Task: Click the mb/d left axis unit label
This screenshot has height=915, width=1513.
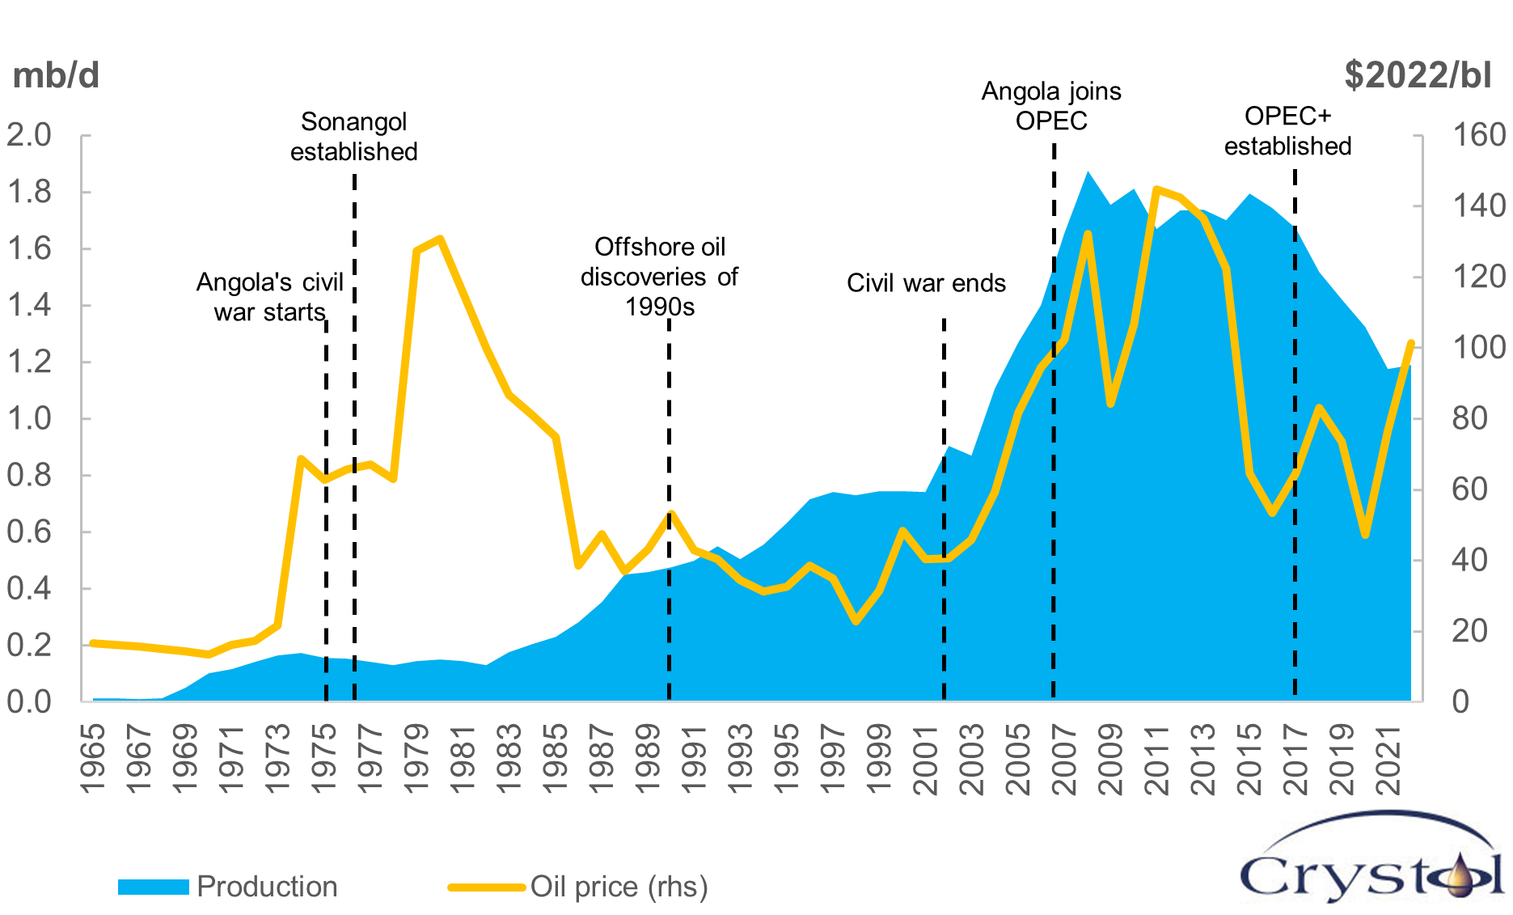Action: [x=56, y=75]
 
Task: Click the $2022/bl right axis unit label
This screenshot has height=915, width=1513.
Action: [x=1418, y=75]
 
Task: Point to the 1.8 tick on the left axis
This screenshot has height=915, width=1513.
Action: [x=29, y=193]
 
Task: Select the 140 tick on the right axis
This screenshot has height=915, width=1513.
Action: [x=1479, y=205]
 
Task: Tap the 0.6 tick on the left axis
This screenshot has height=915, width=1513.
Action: [x=29, y=532]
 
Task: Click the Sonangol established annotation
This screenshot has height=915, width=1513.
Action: [x=354, y=137]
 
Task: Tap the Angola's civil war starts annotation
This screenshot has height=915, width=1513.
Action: [x=270, y=297]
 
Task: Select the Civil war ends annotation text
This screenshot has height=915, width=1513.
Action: [x=926, y=283]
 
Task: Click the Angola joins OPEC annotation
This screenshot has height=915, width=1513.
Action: [x=1051, y=106]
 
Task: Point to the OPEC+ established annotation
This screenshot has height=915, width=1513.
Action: [x=1287, y=131]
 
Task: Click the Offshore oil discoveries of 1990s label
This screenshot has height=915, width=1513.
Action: [x=659, y=277]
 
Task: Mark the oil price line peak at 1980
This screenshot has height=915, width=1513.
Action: [x=440, y=239]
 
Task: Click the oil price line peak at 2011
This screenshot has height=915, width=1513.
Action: [x=1156, y=189]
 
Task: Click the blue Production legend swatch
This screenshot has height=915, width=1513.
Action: [x=153, y=887]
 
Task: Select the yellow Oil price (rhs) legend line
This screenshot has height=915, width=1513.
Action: [x=487, y=887]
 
